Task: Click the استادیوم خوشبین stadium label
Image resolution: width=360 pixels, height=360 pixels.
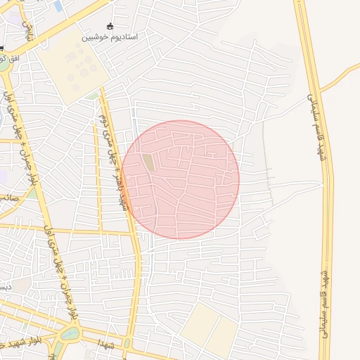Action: click(110, 36)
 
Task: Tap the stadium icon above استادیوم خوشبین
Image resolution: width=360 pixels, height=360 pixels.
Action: click(110, 25)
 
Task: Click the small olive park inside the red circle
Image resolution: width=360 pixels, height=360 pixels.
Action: click(149, 162)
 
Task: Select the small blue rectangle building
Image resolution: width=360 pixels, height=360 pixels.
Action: click(58, 6)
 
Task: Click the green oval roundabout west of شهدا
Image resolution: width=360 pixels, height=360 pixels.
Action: click(70, 333)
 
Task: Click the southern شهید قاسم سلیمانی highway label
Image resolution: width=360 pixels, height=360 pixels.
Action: click(325, 303)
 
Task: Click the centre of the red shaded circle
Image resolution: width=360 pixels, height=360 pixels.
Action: click(180, 179)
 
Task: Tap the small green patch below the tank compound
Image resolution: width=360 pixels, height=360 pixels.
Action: click(94, 96)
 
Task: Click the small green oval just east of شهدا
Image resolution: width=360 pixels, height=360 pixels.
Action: click(127, 342)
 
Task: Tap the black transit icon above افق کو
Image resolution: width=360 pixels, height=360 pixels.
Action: click(2, 48)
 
